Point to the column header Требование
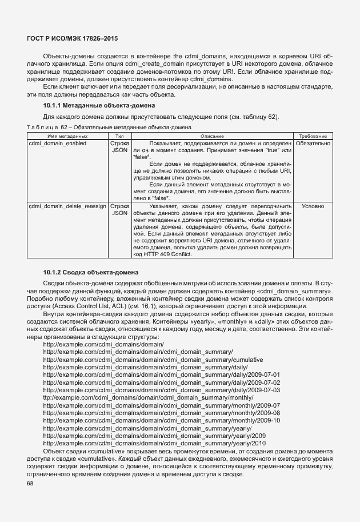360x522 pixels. click(x=313, y=136)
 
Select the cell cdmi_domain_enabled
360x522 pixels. click(x=57, y=144)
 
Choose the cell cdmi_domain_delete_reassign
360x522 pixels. click(x=67, y=205)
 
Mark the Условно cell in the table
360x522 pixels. click(x=313, y=205)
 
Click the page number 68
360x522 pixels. click(x=30, y=484)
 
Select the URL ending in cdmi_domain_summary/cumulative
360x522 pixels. click(x=153, y=359)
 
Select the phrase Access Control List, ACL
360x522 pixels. click(x=95, y=306)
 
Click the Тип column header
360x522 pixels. click(x=119, y=136)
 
